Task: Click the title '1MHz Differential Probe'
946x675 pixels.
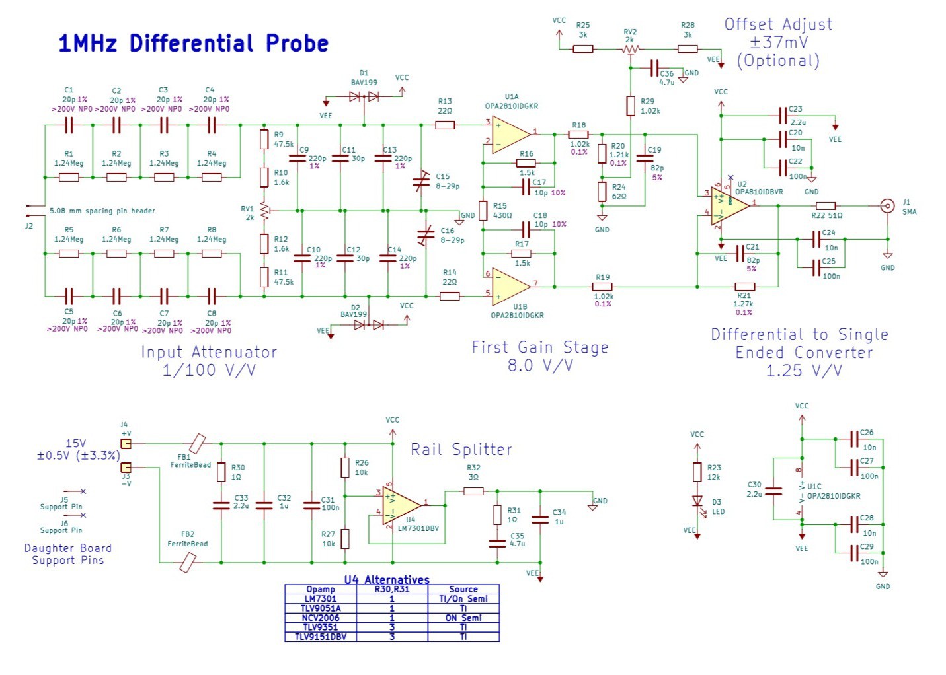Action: [193, 44]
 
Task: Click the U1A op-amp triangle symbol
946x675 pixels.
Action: [510, 134]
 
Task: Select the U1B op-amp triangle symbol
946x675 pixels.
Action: [510, 287]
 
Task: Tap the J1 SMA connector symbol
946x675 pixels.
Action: [888, 205]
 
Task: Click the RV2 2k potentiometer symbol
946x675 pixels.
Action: [631, 49]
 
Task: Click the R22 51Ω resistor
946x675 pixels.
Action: [826, 206]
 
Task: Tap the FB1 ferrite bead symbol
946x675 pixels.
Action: [197, 444]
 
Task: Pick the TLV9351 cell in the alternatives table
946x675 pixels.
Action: [321, 627]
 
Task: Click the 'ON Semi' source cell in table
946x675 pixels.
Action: [463, 618]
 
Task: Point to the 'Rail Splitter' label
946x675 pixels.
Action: [461, 450]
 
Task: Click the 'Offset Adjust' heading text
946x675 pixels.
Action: [778, 24]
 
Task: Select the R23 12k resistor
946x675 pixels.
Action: [697, 472]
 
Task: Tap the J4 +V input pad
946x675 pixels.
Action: [126, 444]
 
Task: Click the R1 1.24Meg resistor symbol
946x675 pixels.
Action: [69, 177]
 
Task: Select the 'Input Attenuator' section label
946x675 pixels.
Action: [209, 352]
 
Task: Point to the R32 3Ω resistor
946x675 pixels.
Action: [473, 491]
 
